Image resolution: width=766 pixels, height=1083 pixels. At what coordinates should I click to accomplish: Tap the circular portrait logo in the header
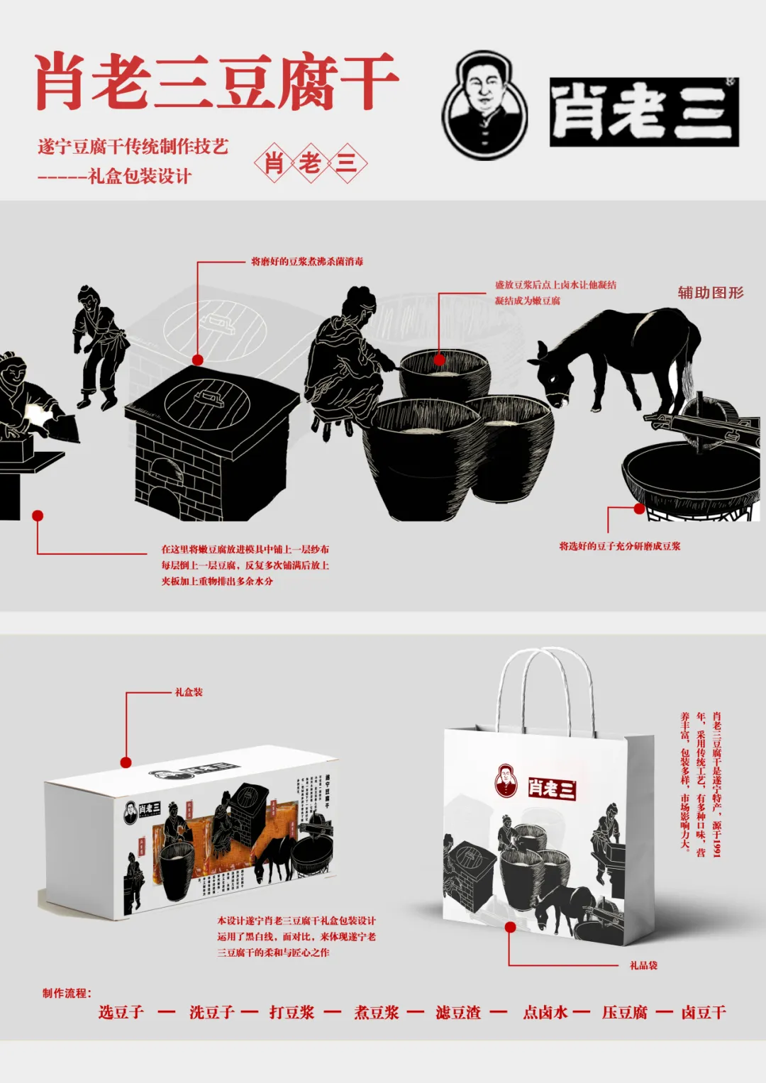pos(485,105)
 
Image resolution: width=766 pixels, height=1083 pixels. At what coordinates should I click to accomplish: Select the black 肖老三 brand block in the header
pos(644,112)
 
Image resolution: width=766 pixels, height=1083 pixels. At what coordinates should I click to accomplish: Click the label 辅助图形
pos(710,292)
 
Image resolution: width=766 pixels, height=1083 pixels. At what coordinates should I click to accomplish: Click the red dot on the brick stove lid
pos(198,360)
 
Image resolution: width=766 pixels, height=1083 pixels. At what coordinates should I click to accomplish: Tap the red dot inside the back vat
pos(440,360)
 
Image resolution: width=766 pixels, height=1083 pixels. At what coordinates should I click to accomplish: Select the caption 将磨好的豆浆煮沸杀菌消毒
pos(307,262)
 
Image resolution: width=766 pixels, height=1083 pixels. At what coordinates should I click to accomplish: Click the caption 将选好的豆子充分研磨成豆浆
pos(619,546)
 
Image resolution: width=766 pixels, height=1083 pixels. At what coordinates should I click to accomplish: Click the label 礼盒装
pos(189,692)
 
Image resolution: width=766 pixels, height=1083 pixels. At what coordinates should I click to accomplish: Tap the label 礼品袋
pos(643,965)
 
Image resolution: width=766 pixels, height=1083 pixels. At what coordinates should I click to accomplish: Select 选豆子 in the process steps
pos(121,1012)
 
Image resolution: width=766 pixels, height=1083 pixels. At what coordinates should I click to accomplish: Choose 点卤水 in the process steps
pos(545,1012)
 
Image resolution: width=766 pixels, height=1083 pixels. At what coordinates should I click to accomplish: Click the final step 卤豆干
pos(704,1012)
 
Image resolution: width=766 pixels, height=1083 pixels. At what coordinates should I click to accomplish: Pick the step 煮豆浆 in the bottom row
pos(377,1012)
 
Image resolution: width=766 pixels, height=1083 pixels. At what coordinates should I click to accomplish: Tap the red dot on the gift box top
pos(126,762)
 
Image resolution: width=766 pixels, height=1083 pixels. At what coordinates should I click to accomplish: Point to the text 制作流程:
pos(67,993)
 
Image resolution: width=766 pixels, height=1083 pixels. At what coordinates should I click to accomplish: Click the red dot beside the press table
pos(38,516)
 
